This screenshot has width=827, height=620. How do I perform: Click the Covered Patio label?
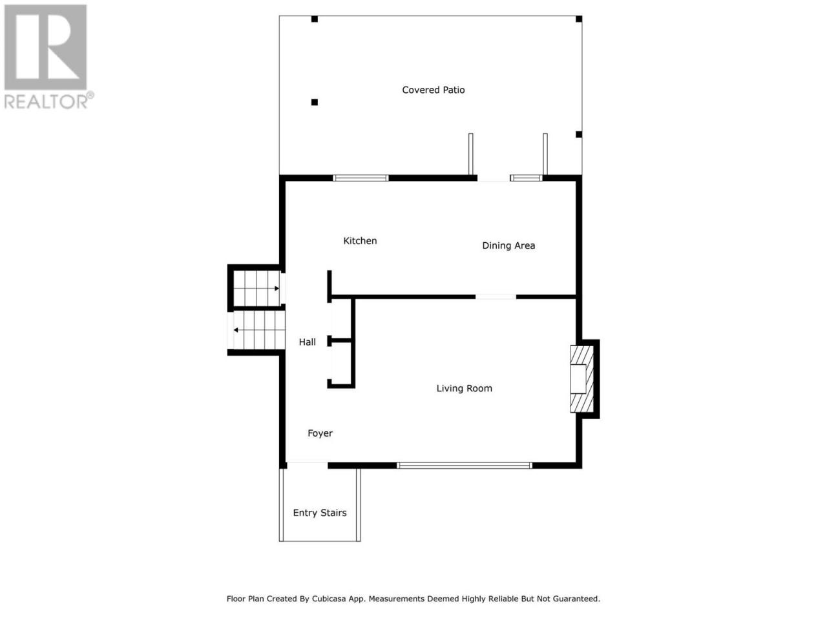tap(433, 90)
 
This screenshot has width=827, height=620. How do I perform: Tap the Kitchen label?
tap(360, 240)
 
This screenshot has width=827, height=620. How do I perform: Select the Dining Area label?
tap(508, 245)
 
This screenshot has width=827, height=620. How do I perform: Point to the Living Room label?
tap(464, 388)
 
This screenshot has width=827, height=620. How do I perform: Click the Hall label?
tap(307, 342)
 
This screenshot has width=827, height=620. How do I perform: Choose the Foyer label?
tap(320, 433)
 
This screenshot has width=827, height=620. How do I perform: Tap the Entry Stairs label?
tap(320, 513)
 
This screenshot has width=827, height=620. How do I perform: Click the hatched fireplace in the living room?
tap(582, 378)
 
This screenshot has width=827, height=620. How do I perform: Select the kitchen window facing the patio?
tap(361, 178)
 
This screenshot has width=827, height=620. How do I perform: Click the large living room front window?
tap(464, 466)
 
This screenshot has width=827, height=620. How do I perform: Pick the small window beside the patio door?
tap(527, 178)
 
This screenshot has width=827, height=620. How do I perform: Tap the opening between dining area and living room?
tap(496, 297)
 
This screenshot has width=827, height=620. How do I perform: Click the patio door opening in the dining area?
tap(494, 178)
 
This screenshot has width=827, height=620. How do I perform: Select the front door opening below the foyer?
tap(307, 465)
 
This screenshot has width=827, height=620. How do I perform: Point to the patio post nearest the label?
tap(314, 102)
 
